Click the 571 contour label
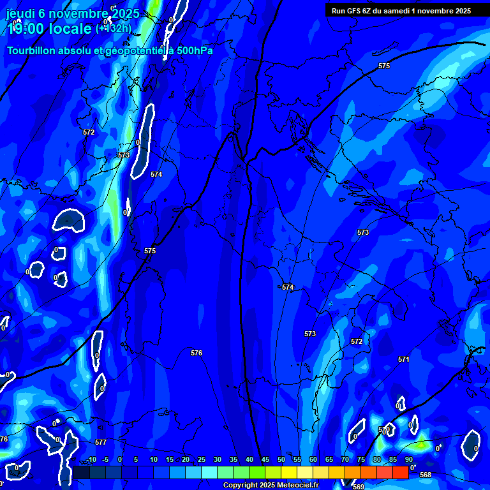tap(403, 359)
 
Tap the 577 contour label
tap(100, 442)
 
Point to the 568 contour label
tap(426, 475)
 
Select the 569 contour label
tap(359, 487)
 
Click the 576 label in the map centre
tap(197, 353)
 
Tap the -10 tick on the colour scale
tap(91, 459)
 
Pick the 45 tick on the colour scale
tap(265, 459)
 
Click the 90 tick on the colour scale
tap(408, 459)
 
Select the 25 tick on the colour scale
tap(202, 459)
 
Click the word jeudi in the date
tap(21, 13)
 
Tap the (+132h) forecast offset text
tap(114, 28)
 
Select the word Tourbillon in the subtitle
tap(32, 51)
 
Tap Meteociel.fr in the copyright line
tap(299, 486)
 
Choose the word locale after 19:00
tap(69, 29)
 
